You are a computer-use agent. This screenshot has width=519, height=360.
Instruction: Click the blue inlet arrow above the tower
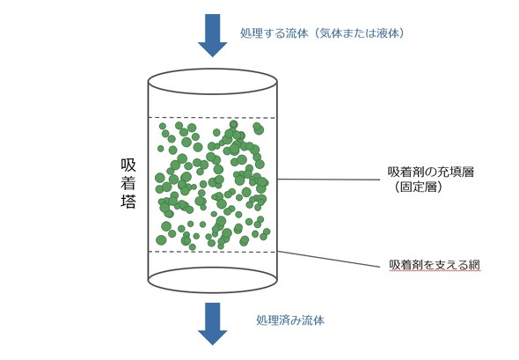pyautogui.click(x=213, y=35)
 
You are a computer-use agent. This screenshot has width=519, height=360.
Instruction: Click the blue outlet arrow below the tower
pyautogui.click(x=213, y=324)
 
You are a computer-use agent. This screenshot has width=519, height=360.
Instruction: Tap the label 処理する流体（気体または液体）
pyautogui.click(x=323, y=33)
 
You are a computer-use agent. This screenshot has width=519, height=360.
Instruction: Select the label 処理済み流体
pyautogui.click(x=290, y=320)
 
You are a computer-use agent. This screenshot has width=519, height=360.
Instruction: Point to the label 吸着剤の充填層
pyautogui.click(x=431, y=172)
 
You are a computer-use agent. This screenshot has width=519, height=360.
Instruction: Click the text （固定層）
pyautogui.click(x=419, y=187)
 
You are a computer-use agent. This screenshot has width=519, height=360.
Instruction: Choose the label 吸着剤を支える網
pyautogui.click(x=435, y=265)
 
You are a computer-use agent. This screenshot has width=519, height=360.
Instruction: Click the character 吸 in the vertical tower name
pyautogui.click(x=128, y=165)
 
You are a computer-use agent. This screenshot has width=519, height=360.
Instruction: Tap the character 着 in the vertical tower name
pyautogui.click(x=128, y=183)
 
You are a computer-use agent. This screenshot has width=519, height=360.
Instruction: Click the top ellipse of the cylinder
pyautogui.click(x=212, y=70)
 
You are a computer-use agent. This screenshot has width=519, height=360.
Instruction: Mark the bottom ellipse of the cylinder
pyautogui.click(x=212, y=292)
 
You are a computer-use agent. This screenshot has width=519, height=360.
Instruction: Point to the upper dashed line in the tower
pyautogui.click(x=212, y=118)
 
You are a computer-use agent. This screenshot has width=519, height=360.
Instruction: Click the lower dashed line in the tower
pyautogui.click(x=212, y=252)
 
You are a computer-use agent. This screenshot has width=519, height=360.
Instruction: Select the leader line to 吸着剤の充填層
pyautogui.click(x=329, y=180)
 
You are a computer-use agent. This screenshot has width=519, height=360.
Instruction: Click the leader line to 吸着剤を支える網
pyautogui.click(x=329, y=259)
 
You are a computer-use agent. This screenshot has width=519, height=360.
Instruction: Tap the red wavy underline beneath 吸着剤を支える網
pyautogui.click(x=435, y=270)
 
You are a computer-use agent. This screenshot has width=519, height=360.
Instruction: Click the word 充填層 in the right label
pyautogui.click(x=457, y=172)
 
